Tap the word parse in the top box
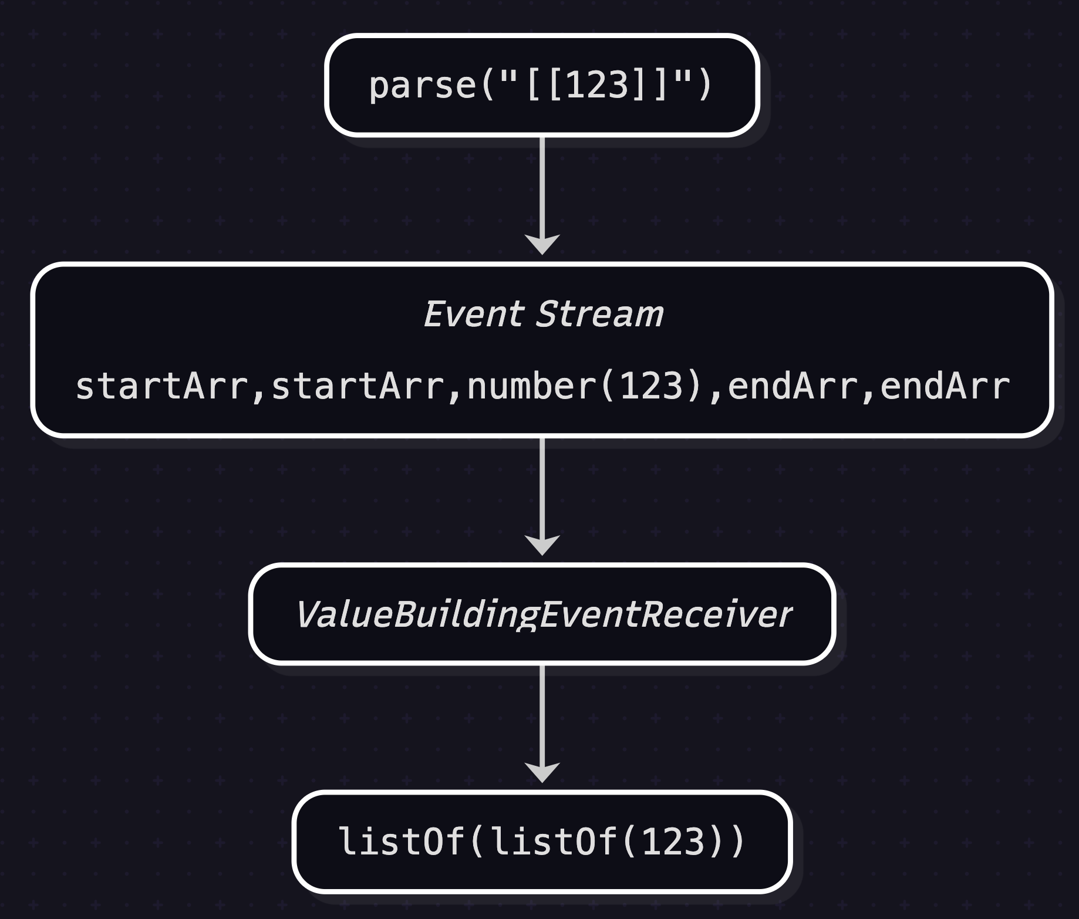[422, 86]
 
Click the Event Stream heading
[542, 314]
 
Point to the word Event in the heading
[473, 314]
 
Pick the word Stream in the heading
[599, 314]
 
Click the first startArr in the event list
[161, 387]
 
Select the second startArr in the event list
[357, 387]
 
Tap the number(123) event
[585, 387]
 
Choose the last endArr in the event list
[945, 387]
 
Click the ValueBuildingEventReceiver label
[542, 614]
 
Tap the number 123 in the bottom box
[673, 842]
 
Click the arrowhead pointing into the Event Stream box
[542, 244]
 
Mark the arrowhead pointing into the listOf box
[542, 772]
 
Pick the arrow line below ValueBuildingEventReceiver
[542, 713]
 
